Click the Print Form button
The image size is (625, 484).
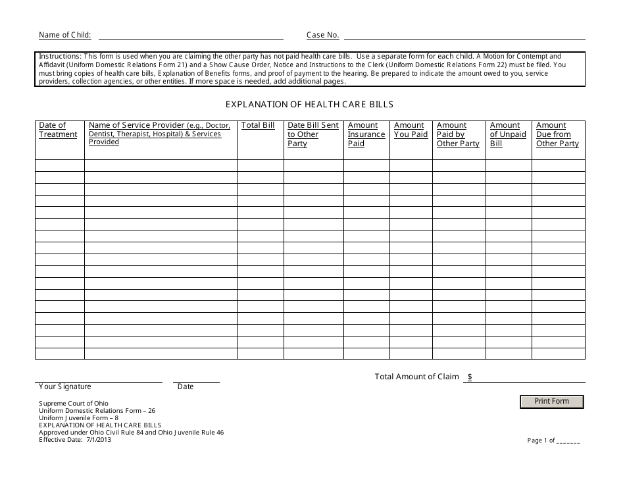(551, 401)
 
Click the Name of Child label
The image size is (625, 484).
(65, 35)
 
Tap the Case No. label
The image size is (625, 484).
(322, 35)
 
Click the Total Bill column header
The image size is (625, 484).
(258, 125)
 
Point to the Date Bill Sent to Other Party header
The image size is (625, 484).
(312, 134)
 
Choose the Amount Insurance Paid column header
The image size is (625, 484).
(366, 134)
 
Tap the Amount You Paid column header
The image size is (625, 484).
(411, 130)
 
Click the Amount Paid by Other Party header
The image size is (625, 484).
(458, 134)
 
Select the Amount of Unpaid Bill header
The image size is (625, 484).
(508, 134)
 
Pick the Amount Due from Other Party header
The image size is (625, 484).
(557, 134)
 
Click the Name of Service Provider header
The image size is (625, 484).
(159, 133)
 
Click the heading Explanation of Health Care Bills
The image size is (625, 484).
(309, 104)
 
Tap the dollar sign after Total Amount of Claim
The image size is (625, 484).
(469, 377)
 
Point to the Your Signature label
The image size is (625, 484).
(65, 387)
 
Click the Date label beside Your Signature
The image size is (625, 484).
(186, 387)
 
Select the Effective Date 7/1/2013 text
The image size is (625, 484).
(75, 440)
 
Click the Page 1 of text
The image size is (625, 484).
(541, 441)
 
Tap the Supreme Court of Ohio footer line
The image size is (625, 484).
(74, 403)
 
